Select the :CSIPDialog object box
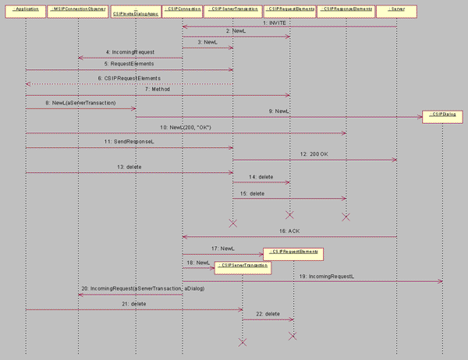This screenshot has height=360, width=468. (442, 116)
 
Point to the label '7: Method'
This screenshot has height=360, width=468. (157, 90)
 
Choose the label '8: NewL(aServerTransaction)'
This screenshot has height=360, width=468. (80, 103)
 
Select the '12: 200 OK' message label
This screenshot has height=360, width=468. (314, 154)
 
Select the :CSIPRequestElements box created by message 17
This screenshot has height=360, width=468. (293, 253)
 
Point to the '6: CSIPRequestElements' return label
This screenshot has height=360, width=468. (129, 78)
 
